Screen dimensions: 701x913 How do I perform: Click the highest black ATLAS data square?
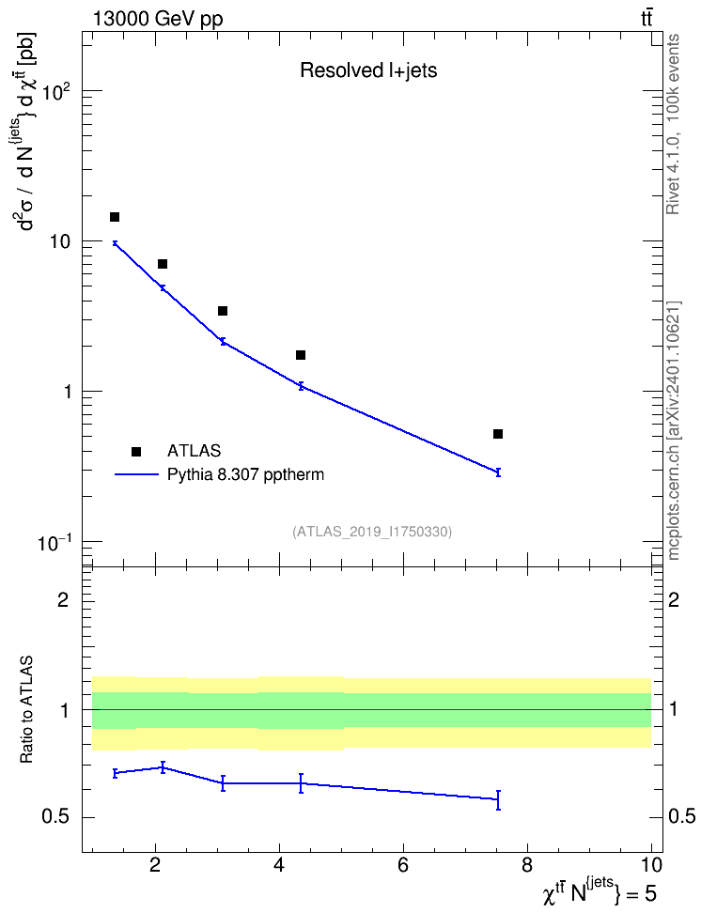point(115,217)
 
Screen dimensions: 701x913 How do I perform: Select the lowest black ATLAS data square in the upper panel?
point(498,434)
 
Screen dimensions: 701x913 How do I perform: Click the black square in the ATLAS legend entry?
point(136,451)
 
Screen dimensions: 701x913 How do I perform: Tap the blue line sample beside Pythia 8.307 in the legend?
point(136,474)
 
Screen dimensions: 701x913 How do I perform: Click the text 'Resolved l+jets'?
point(368,70)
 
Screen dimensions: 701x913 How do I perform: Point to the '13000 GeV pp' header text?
point(158,19)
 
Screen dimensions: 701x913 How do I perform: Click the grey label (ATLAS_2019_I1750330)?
point(372,532)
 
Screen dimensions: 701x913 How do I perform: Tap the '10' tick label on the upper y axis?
point(60,241)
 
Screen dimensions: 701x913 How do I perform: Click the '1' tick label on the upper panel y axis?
point(67,392)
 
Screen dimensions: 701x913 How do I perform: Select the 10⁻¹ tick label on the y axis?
point(55,543)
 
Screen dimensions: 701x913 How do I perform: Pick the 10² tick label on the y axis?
point(57,92)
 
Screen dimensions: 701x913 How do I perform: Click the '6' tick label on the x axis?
point(403,865)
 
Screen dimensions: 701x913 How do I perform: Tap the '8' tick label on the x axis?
point(527,865)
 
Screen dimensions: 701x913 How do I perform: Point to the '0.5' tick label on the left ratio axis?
point(56,817)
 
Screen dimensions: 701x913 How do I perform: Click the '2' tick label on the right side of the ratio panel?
point(674,599)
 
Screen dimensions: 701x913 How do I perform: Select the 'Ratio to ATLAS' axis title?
point(26,710)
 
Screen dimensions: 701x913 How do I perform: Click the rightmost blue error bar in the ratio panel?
point(498,799)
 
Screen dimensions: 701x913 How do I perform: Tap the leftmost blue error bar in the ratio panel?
point(116,773)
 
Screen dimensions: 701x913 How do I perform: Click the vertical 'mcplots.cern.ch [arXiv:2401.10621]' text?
point(674,431)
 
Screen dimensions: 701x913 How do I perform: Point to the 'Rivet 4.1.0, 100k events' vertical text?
point(674,124)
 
